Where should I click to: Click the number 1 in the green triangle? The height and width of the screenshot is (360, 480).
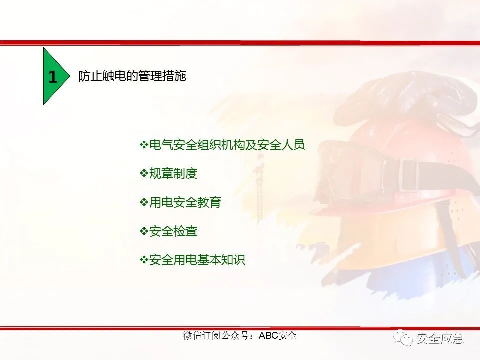pos(53,77)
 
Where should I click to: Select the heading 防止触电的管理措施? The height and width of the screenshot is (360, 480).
pos(132,76)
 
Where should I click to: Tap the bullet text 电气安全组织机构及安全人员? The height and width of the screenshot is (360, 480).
pos(227,145)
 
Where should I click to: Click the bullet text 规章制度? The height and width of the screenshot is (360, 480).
pos(173,173)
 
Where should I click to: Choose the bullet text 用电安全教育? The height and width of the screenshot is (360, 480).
pos(185,202)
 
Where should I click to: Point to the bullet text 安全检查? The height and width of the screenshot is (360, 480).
pos(173,231)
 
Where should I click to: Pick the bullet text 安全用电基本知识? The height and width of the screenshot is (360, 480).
pos(197,260)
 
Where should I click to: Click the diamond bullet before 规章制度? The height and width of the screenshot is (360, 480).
pos(144,173)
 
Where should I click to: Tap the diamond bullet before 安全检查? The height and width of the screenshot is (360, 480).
pos(144,231)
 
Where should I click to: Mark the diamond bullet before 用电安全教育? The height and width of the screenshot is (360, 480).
pos(144,202)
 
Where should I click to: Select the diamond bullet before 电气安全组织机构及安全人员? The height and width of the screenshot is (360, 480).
pos(144,145)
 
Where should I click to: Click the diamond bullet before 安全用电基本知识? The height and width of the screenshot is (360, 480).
pos(144,260)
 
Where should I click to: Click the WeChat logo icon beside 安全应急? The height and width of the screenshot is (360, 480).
pos(403,338)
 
